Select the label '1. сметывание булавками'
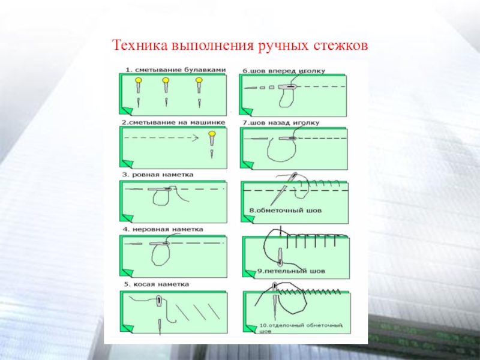click(x=174, y=70)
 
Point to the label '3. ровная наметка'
click(x=157, y=175)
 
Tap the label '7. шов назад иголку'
click(x=281, y=123)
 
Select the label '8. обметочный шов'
click(x=286, y=211)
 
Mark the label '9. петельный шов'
click(x=291, y=271)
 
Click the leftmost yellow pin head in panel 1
click(x=138, y=80)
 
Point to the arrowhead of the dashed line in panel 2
click(x=196, y=137)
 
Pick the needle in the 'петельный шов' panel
click(x=280, y=256)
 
